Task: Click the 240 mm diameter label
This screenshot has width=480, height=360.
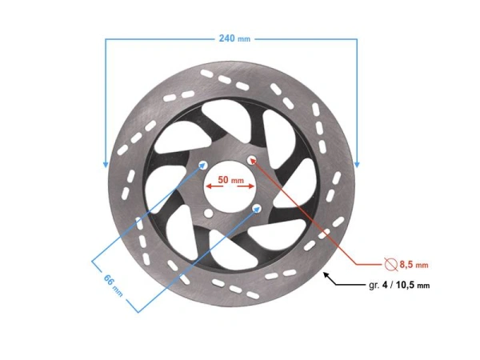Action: (234, 38)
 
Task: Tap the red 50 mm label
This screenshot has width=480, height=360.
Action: (231, 180)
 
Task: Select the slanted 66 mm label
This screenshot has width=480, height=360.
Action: (114, 286)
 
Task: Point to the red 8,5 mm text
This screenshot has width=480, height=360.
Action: (414, 265)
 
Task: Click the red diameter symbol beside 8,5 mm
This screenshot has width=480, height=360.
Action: (391, 264)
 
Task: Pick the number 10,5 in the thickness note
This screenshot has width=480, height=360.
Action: (406, 286)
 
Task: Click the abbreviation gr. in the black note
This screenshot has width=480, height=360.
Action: (374, 286)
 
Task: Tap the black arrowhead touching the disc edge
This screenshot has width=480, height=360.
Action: (327, 275)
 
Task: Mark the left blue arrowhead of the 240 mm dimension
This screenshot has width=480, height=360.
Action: (106, 164)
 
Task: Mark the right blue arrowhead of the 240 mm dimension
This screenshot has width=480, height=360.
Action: (357, 164)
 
